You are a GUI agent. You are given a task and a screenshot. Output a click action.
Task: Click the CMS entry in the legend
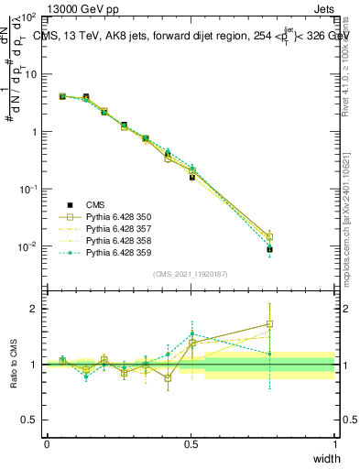97,205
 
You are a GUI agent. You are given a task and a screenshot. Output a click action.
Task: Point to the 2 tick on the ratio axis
35,309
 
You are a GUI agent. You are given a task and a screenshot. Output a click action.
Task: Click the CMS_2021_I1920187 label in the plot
190,274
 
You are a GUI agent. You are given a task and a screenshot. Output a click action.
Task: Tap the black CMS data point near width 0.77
269,249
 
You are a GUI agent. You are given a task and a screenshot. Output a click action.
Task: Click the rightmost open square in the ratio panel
269,324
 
